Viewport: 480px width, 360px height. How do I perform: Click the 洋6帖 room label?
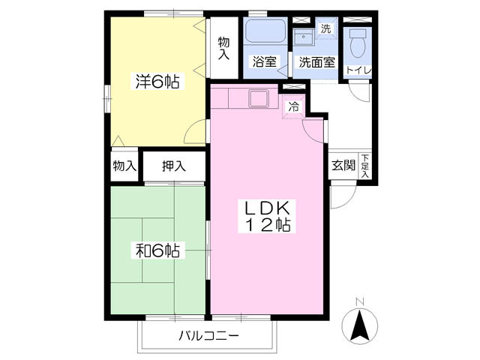point(157,82)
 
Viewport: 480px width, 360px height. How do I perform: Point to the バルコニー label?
point(208,335)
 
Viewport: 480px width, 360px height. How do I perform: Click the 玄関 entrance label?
point(343,166)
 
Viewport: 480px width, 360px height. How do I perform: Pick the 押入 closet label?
point(173,166)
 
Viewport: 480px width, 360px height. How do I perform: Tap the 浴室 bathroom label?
point(264,62)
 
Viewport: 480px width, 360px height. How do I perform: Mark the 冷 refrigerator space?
point(294,106)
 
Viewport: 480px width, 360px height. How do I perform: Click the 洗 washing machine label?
point(325,28)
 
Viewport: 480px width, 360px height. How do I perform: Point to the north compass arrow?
point(359,325)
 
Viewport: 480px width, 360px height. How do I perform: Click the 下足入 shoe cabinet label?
point(365,166)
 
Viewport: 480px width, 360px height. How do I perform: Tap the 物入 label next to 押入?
point(124,166)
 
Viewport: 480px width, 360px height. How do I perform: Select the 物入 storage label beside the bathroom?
point(223,48)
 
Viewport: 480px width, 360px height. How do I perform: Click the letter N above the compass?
point(359,301)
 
